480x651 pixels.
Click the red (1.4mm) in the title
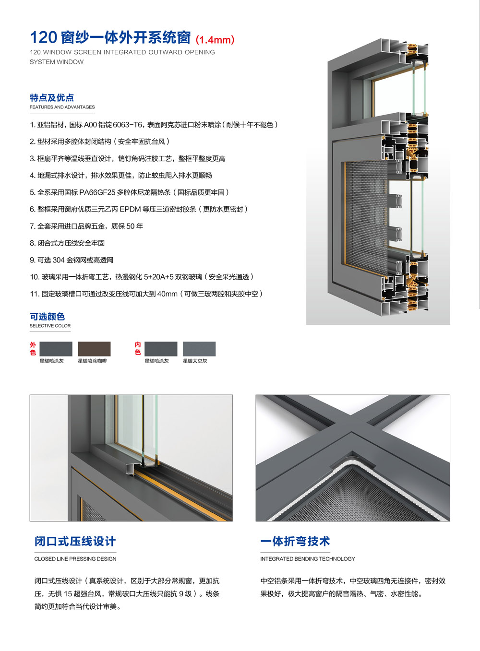[215, 40]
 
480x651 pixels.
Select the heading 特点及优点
[52, 98]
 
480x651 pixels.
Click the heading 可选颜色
[47, 317]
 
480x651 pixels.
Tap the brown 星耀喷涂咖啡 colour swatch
[94, 349]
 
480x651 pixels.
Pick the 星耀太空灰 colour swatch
[199, 349]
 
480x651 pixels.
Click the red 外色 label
[33, 348]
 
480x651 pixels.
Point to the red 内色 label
[138, 348]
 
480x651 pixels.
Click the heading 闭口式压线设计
[75, 541]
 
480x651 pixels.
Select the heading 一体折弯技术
[295, 541]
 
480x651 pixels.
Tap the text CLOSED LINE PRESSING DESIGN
[75, 559]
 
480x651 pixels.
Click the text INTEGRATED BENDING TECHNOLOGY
[308, 559]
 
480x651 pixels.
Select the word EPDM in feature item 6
[130, 209]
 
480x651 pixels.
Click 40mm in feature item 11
[167, 294]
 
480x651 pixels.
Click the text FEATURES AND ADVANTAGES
[62, 107]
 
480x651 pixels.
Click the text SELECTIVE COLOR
[50, 326]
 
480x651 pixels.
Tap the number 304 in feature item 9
[59, 260]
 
